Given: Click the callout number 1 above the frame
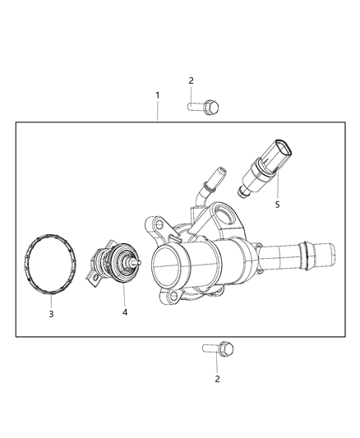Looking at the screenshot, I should [x=158, y=95].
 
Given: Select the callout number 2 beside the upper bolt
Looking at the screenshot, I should [x=191, y=81].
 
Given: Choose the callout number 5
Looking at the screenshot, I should [x=277, y=204].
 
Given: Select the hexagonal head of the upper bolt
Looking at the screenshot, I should [x=212, y=106].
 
